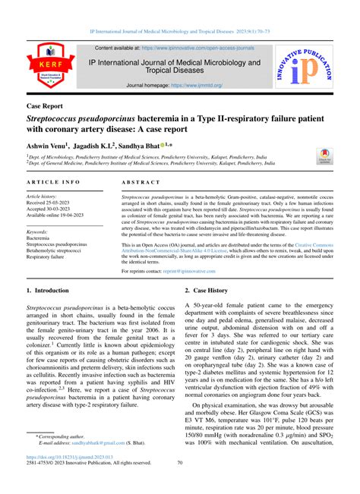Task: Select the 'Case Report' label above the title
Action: (55, 107)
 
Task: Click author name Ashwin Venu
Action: (46, 144)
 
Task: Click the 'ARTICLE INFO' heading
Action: (54, 184)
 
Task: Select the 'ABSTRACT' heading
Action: (141, 184)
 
